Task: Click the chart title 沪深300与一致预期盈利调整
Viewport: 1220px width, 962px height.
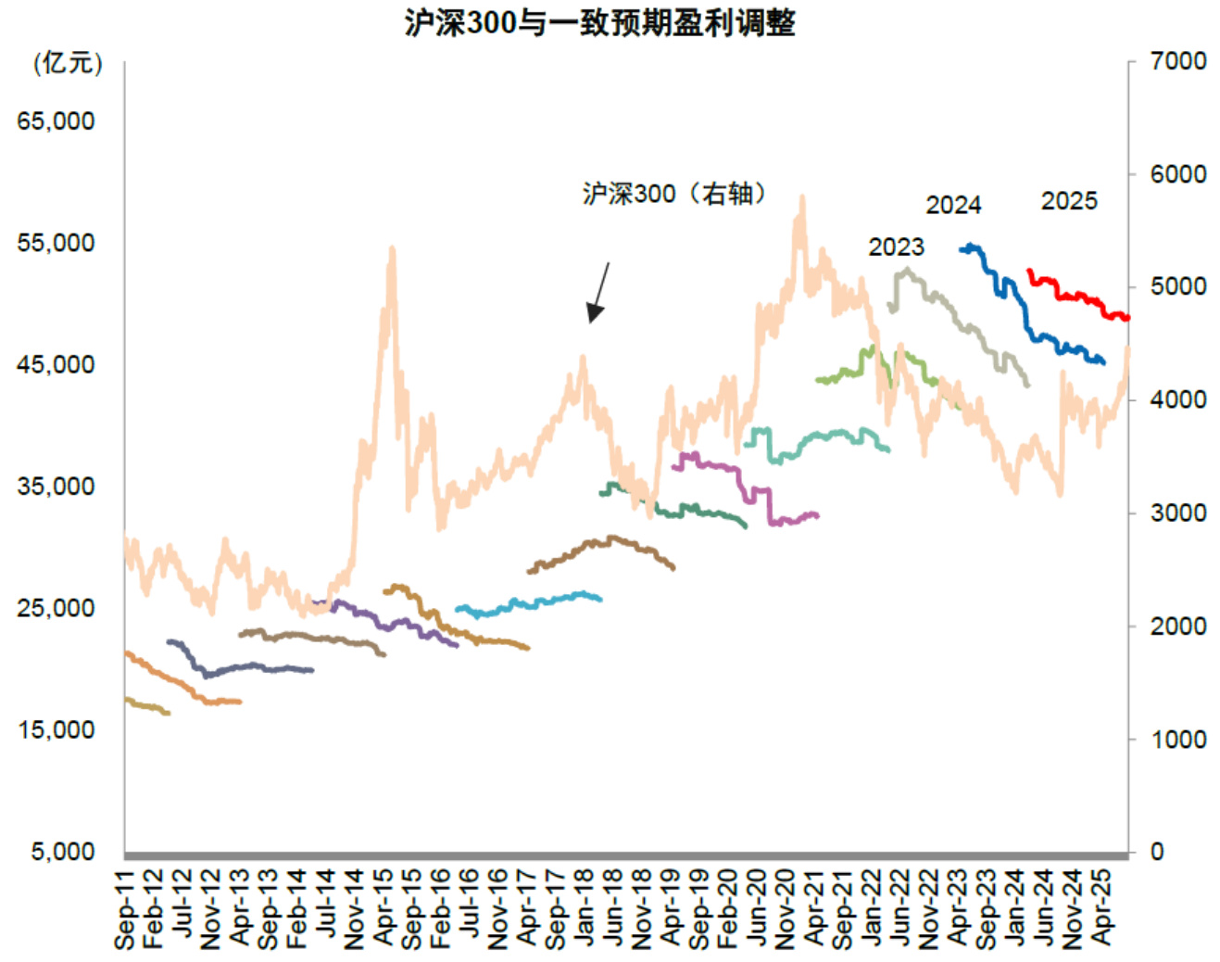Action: [599, 22]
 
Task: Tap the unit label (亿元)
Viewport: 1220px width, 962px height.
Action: [68, 63]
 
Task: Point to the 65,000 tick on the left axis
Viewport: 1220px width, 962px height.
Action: [56, 121]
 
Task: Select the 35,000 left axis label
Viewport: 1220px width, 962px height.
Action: [56, 487]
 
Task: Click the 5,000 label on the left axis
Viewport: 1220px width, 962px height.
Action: [63, 852]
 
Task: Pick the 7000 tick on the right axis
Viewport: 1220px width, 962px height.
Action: [1177, 61]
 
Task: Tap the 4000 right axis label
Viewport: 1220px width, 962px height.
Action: [1177, 399]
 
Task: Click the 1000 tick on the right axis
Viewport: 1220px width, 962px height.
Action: [1177, 740]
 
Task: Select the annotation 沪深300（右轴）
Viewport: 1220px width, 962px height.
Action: [675, 194]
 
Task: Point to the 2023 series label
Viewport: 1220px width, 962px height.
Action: [896, 247]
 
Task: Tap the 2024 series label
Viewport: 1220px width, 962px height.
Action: [953, 206]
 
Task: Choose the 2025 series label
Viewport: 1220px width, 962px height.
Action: [1069, 201]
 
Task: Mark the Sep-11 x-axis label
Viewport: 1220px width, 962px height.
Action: [125, 909]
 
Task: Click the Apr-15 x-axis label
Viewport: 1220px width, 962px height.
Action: [384, 909]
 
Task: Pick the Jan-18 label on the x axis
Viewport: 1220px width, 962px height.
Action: [585, 909]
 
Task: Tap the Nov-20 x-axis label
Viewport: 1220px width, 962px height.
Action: [786, 909]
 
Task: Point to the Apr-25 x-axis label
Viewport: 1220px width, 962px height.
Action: [1101, 909]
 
